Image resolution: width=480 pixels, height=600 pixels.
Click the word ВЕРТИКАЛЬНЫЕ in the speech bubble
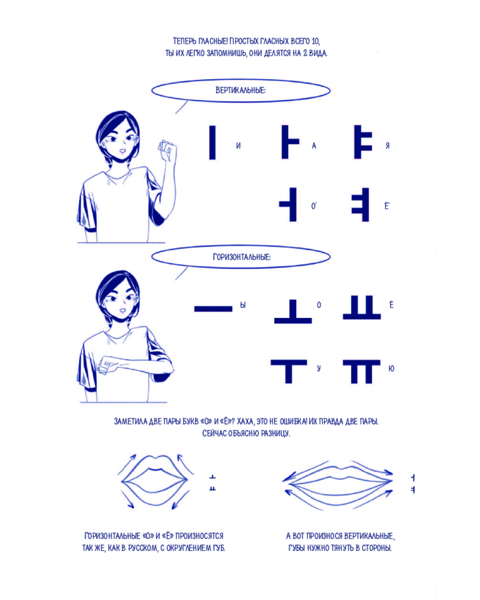pos(241,91)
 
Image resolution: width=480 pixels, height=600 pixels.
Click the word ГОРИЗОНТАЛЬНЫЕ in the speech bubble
pos(242,257)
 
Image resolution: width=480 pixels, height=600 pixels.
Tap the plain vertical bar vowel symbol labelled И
pos(212,142)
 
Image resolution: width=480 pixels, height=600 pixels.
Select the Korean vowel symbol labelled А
pos(290,142)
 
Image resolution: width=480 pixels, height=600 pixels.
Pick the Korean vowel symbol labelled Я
pos(362,142)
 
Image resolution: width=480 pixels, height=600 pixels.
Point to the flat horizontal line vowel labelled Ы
pos(213,308)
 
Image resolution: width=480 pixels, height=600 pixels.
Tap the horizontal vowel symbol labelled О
pos(293,311)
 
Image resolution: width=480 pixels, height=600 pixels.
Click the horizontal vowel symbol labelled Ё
pos(362,307)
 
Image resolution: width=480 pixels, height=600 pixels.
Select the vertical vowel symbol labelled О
pos(288,205)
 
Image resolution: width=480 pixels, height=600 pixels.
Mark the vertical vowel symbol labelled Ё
pos(360,205)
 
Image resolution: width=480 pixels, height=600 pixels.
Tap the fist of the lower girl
pos(107,365)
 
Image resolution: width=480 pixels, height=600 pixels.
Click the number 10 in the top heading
pos(314,41)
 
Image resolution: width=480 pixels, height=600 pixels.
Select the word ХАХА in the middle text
pos(245,421)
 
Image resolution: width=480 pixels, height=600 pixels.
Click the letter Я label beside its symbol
pos(388,146)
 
